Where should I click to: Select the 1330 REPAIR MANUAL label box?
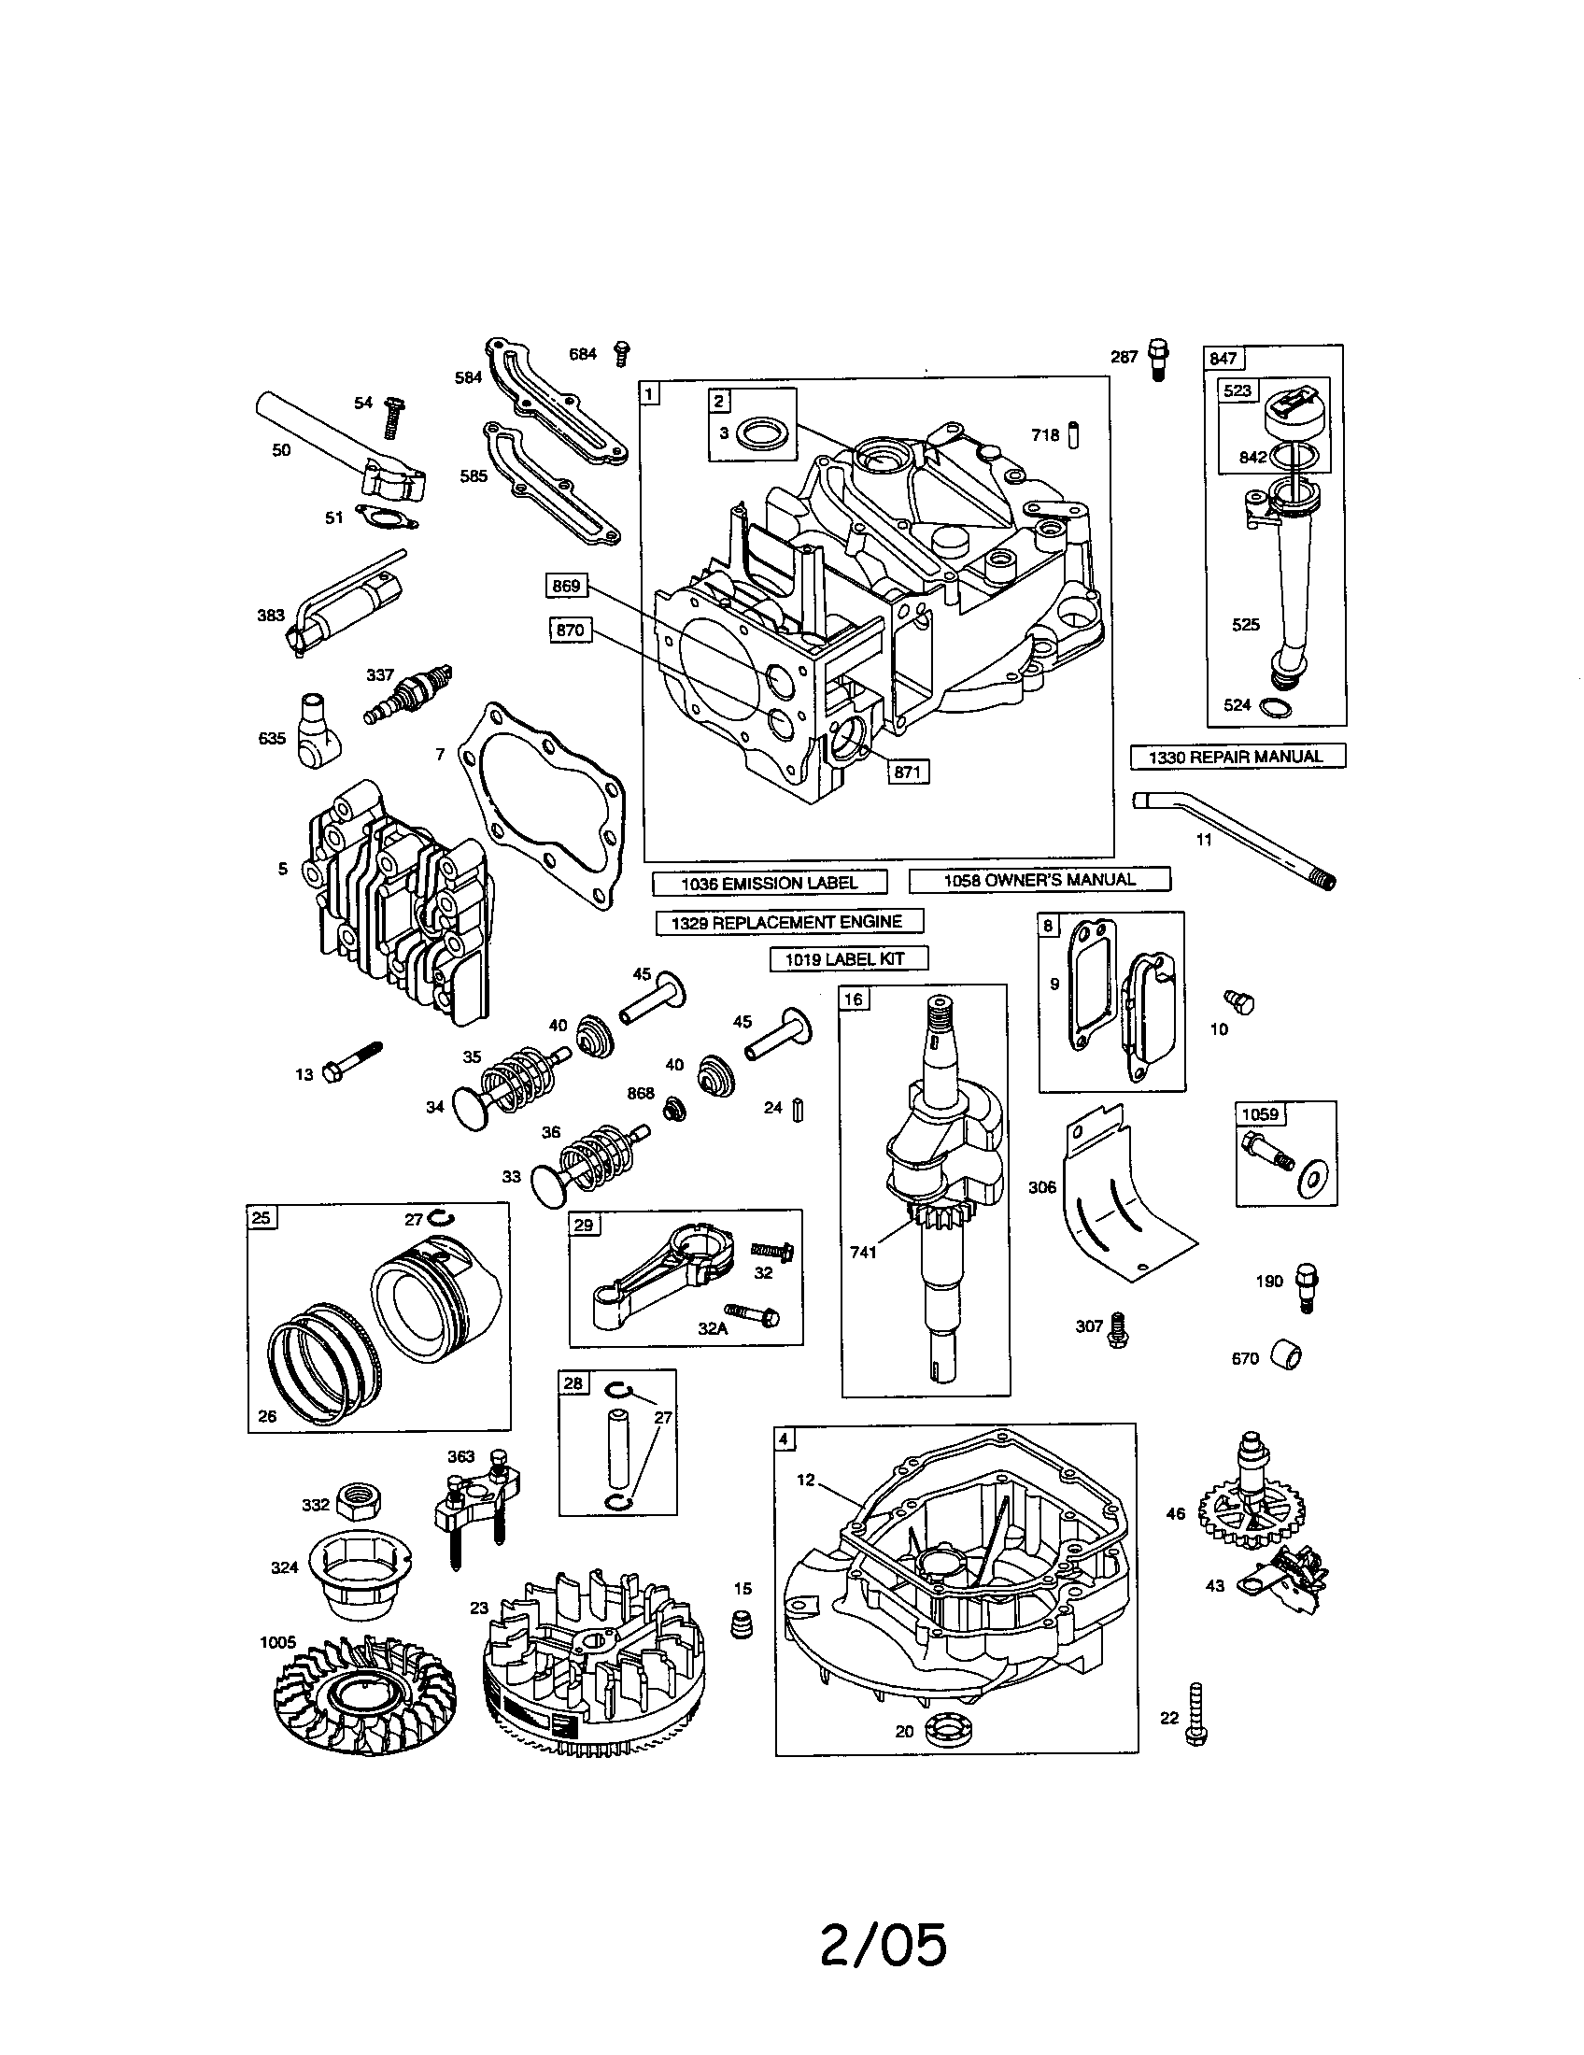point(1237,757)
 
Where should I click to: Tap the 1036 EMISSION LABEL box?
point(770,883)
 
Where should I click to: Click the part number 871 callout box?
point(907,772)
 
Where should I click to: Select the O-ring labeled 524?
point(1277,707)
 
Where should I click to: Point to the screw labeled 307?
point(1117,1330)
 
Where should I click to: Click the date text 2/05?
point(883,1945)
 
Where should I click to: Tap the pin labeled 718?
point(1078,435)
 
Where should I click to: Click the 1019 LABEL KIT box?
point(849,958)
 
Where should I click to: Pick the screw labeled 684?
point(621,354)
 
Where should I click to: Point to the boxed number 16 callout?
point(853,999)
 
